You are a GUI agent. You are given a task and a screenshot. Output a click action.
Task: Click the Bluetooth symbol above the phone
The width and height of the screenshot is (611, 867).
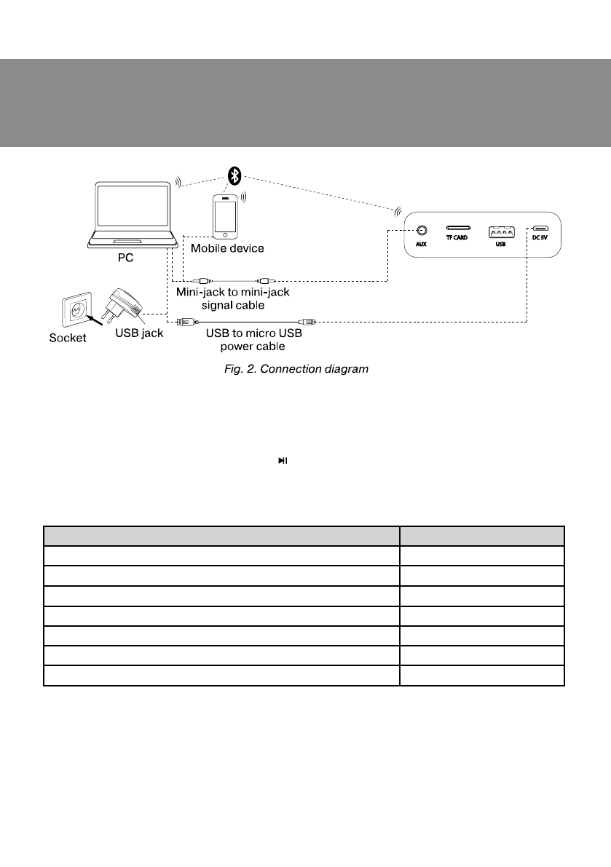pos(234,175)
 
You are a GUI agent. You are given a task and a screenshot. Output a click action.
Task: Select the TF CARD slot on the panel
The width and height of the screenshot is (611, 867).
pos(458,228)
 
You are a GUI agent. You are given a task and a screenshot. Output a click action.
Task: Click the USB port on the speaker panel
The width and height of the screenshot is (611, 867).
pos(500,232)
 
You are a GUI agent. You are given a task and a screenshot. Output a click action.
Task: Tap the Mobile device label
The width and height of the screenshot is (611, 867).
pos(227,248)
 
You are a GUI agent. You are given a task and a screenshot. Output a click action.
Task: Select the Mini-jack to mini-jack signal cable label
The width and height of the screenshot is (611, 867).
pos(233,298)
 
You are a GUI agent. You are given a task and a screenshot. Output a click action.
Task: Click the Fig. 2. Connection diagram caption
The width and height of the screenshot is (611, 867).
pos(295,369)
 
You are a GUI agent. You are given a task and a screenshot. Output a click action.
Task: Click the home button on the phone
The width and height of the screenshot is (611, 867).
pos(225,234)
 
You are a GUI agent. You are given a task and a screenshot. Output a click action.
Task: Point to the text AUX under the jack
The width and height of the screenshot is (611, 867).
pos(421,245)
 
